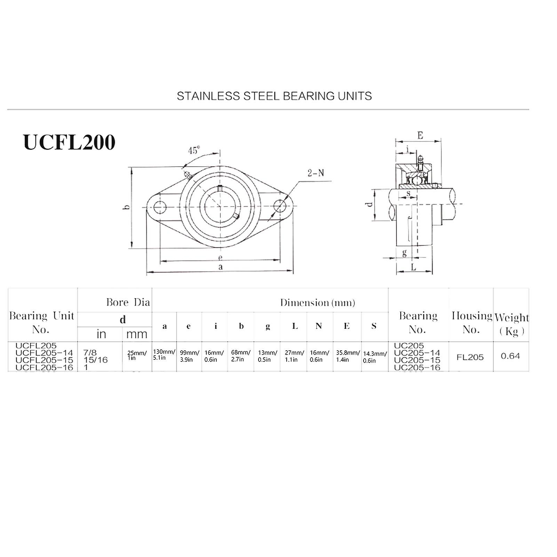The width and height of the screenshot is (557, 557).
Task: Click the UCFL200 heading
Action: pyautogui.click(x=69, y=142)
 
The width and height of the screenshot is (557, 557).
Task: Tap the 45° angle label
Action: pyautogui.click(x=194, y=150)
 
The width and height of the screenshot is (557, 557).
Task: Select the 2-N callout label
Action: pyautogui.click(x=316, y=173)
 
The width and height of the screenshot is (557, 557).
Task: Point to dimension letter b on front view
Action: pyautogui.click(x=127, y=207)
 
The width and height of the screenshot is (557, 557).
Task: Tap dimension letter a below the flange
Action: pyautogui.click(x=220, y=267)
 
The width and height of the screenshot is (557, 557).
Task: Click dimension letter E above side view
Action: pyautogui.click(x=420, y=135)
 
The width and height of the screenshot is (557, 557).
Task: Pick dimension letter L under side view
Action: pyautogui.click(x=413, y=267)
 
